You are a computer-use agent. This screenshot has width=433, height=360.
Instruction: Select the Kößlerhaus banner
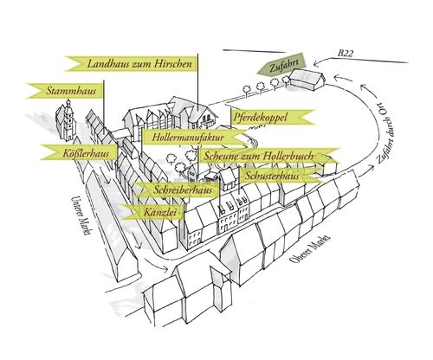[80, 152]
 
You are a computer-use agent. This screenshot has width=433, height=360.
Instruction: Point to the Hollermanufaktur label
[193, 138]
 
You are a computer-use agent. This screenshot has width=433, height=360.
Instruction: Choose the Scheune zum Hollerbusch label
[268, 156]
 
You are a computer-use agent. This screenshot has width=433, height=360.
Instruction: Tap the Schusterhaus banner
[281, 176]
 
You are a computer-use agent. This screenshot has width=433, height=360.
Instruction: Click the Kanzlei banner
[152, 212]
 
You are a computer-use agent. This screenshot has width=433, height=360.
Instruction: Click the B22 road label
[346, 54]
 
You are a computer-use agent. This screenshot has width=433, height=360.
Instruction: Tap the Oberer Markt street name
[310, 248]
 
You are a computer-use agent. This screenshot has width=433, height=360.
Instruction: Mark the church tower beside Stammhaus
[68, 119]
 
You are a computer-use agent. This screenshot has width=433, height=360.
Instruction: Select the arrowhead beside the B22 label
[317, 62]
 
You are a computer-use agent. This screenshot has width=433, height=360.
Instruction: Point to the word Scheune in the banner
[217, 156]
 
